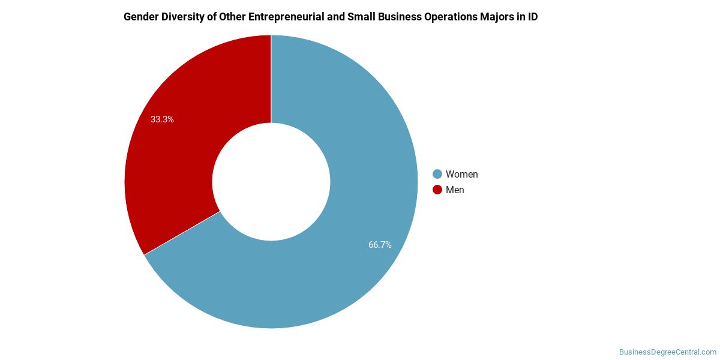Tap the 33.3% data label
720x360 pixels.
[162, 119]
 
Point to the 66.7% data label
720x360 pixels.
[380, 245]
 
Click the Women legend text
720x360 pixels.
[461, 175]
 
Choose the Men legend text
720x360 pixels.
[455, 190]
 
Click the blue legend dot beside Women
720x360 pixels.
[437, 175]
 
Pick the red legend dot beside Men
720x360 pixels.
[437, 190]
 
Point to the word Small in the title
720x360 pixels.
[361, 17]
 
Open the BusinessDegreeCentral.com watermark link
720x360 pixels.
[668, 352]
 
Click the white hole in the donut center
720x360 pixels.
[271, 182]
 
